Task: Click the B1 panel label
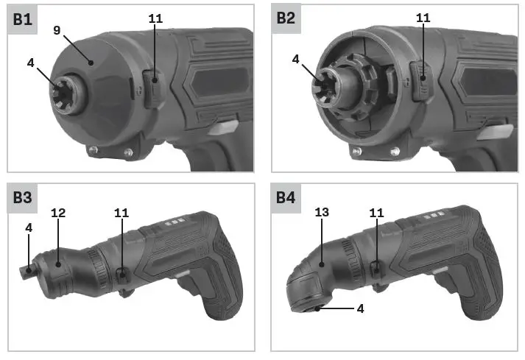click(22, 19)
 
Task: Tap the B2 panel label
click(286, 18)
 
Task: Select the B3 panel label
click(22, 197)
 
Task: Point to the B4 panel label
click(286, 197)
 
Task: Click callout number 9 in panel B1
click(57, 30)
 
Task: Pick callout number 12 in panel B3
click(58, 213)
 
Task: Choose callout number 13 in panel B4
click(322, 212)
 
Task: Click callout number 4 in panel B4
click(360, 308)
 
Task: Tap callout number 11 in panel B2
click(423, 18)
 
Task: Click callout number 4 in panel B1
click(30, 63)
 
